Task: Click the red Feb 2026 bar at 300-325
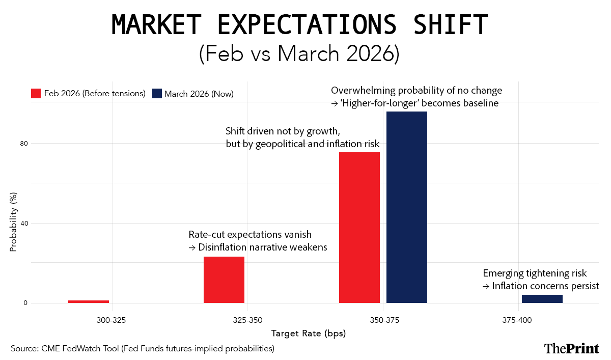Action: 89,301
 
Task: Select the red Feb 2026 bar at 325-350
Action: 224,280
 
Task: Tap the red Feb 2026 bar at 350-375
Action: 359,228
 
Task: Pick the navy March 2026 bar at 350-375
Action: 407,207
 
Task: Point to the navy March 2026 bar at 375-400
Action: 542,299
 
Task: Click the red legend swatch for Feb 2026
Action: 36,94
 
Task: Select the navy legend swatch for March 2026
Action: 157,94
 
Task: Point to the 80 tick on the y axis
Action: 23,143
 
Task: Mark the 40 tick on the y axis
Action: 23,223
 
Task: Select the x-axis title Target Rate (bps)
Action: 308,334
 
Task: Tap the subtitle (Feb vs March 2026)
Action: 299,53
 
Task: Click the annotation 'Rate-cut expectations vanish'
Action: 250,235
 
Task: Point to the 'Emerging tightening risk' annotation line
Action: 535,273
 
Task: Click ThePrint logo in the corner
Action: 571,348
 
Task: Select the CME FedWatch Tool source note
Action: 143,348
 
